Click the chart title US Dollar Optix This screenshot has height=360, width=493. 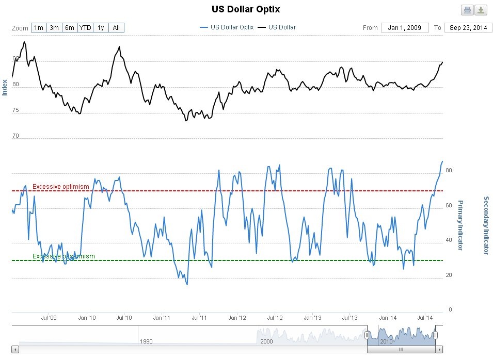pyautogui.click(x=246, y=9)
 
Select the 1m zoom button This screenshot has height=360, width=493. pyautogui.click(x=39, y=28)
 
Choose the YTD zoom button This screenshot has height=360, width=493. pyautogui.click(x=85, y=28)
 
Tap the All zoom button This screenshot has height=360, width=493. pyautogui.click(x=116, y=28)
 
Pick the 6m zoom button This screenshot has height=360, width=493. pyautogui.click(x=70, y=28)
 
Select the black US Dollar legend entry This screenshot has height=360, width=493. pyautogui.click(x=278, y=27)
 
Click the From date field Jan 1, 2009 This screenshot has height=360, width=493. pyautogui.click(x=405, y=28)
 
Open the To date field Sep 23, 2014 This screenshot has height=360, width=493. pyautogui.click(x=468, y=28)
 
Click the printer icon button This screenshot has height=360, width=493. pyautogui.click(x=467, y=10)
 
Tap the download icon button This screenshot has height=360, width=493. pyautogui.click(x=481, y=10)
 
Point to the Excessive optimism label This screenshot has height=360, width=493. pyautogui.click(x=61, y=187)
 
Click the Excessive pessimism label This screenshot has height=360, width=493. pyautogui.click(x=63, y=256)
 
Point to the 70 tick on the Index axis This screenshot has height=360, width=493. pyautogui.click(x=15, y=136)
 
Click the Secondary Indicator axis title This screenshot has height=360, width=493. pyautogui.click(x=486, y=225)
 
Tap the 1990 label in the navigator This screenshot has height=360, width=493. pyautogui.click(x=146, y=341)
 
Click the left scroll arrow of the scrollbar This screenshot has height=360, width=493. pyautogui.click(x=14, y=349)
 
